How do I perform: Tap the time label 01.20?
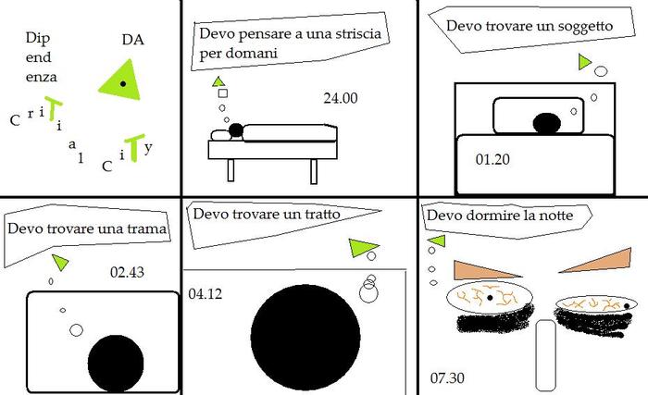pyautogui.click(x=491, y=159)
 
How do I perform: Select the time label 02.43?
pyautogui.click(x=126, y=273)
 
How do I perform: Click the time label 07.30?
pyautogui.click(x=447, y=377)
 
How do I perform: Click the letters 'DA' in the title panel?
pyautogui.click(x=132, y=40)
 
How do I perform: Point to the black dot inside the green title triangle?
pyautogui.click(x=123, y=83)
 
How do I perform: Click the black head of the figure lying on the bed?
pyautogui.click(x=235, y=130)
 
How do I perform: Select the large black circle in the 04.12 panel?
pyautogui.click(x=305, y=337)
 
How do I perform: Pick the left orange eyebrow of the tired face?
pyautogui.click(x=477, y=270)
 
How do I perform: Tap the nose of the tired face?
pyautogui.click(x=544, y=356)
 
